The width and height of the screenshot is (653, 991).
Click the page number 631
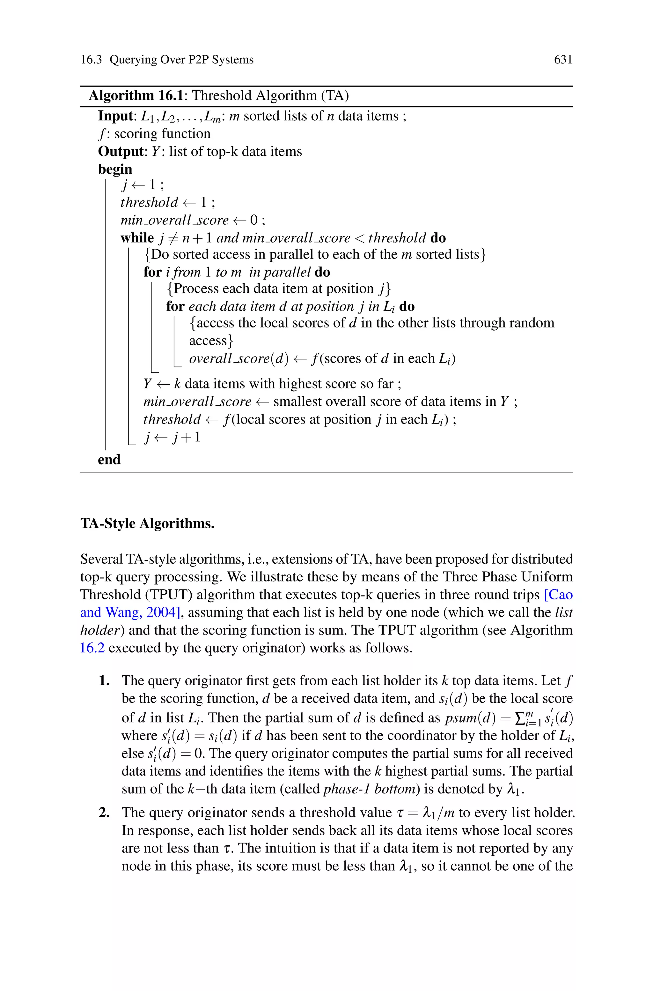coord(563,60)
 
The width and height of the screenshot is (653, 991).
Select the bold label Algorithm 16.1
coord(136,96)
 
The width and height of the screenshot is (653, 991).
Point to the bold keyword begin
coord(115,169)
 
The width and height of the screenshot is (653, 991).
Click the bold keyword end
coord(109,460)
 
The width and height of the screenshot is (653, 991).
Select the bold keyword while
coord(137,238)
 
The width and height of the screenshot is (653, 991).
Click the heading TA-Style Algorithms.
coord(147,523)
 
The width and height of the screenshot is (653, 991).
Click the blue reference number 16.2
coord(92,648)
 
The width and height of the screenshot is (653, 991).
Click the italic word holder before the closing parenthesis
coord(97,630)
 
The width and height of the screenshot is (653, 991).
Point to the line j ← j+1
coord(172,437)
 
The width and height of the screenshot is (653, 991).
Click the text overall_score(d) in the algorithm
coord(238,358)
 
